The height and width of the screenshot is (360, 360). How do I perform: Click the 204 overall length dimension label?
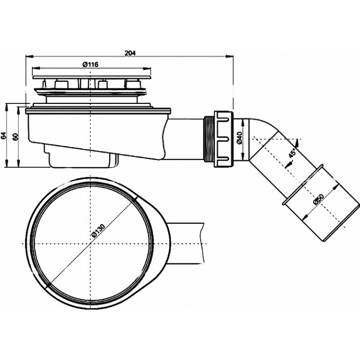coord(130,53)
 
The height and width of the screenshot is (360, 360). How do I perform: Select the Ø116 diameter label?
coord(90,65)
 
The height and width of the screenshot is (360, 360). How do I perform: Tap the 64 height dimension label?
coord(4,136)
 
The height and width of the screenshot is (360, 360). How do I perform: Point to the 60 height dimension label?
coord(15,137)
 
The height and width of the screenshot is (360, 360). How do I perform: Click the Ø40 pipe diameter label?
coord(239,138)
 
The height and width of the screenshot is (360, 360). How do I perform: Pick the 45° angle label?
coord(292,153)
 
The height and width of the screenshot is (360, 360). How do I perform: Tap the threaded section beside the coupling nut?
coord(208,139)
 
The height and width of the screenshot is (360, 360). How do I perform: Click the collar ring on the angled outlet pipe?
coord(303,184)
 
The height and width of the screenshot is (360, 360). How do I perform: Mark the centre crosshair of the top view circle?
coord(91,243)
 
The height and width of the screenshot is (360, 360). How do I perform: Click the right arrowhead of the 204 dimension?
coord(229,56)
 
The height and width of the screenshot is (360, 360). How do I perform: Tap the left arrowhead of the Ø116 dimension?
coord(35,68)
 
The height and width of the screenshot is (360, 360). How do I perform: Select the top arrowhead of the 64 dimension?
coord(6,107)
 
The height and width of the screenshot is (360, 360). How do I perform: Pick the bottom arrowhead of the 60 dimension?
coord(18,164)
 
